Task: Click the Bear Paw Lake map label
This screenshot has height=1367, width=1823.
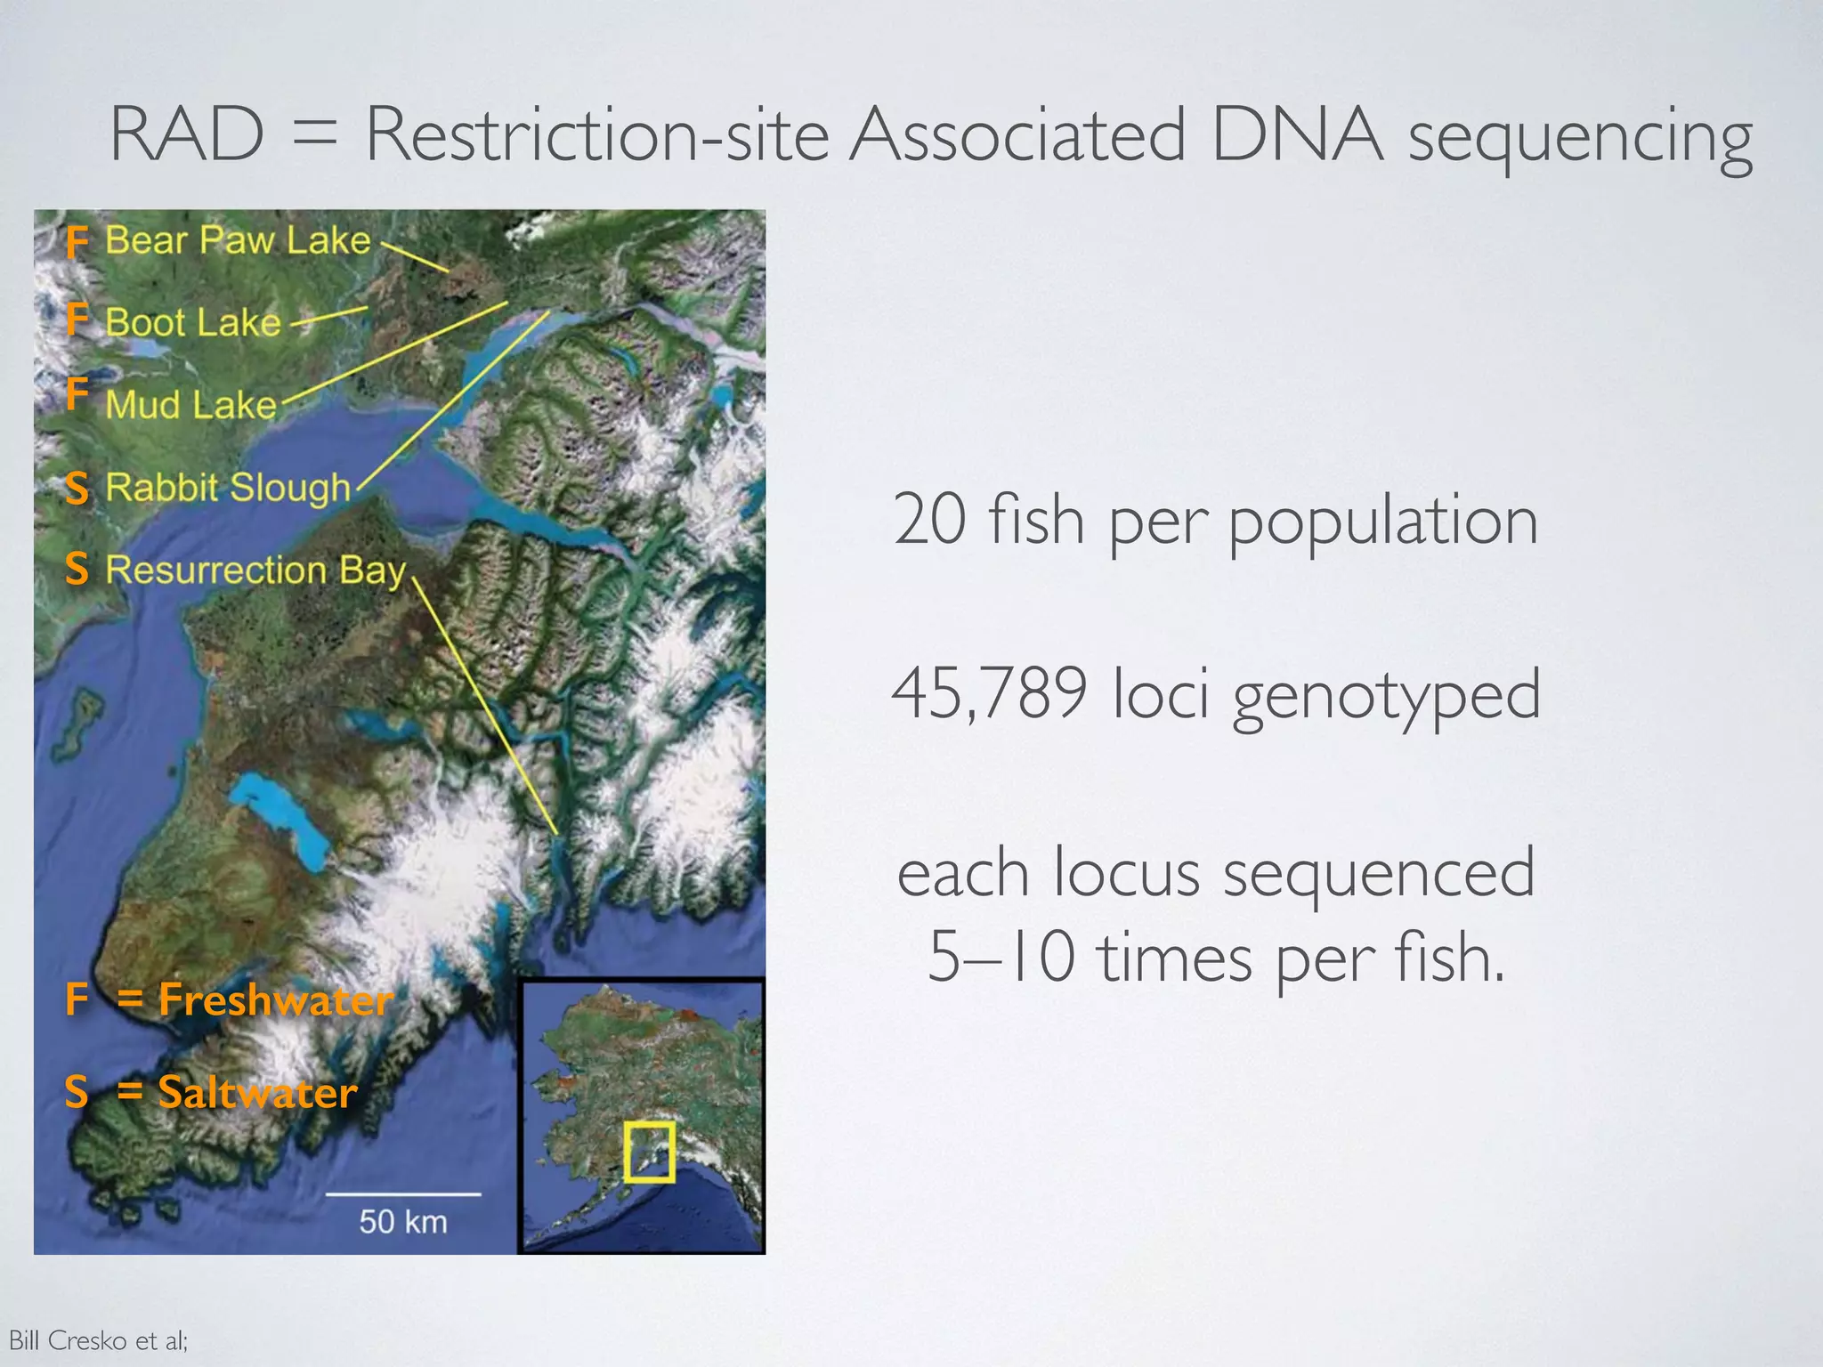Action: (238, 240)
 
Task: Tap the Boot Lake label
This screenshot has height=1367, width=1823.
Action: (192, 322)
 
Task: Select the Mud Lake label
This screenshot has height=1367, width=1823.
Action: (190, 405)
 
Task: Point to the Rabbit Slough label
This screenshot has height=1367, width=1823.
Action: (228, 488)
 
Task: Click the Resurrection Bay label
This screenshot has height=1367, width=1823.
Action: (255, 570)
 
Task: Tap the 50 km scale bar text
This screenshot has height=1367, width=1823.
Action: (403, 1221)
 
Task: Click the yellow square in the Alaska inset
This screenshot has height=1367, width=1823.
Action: (649, 1152)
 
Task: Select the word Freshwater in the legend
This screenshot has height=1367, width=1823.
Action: (275, 999)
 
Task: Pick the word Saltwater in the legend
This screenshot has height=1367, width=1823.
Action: (257, 1092)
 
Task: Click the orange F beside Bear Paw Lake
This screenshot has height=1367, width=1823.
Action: (77, 242)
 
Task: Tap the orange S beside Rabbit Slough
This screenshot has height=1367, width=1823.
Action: (77, 489)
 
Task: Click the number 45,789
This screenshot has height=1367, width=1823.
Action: (989, 693)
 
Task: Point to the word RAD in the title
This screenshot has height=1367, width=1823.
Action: (187, 134)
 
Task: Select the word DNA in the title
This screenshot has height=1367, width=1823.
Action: (1297, 134)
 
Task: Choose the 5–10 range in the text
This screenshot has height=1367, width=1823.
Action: (1001, 958)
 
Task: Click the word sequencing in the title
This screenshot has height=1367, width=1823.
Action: (1580, 139)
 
